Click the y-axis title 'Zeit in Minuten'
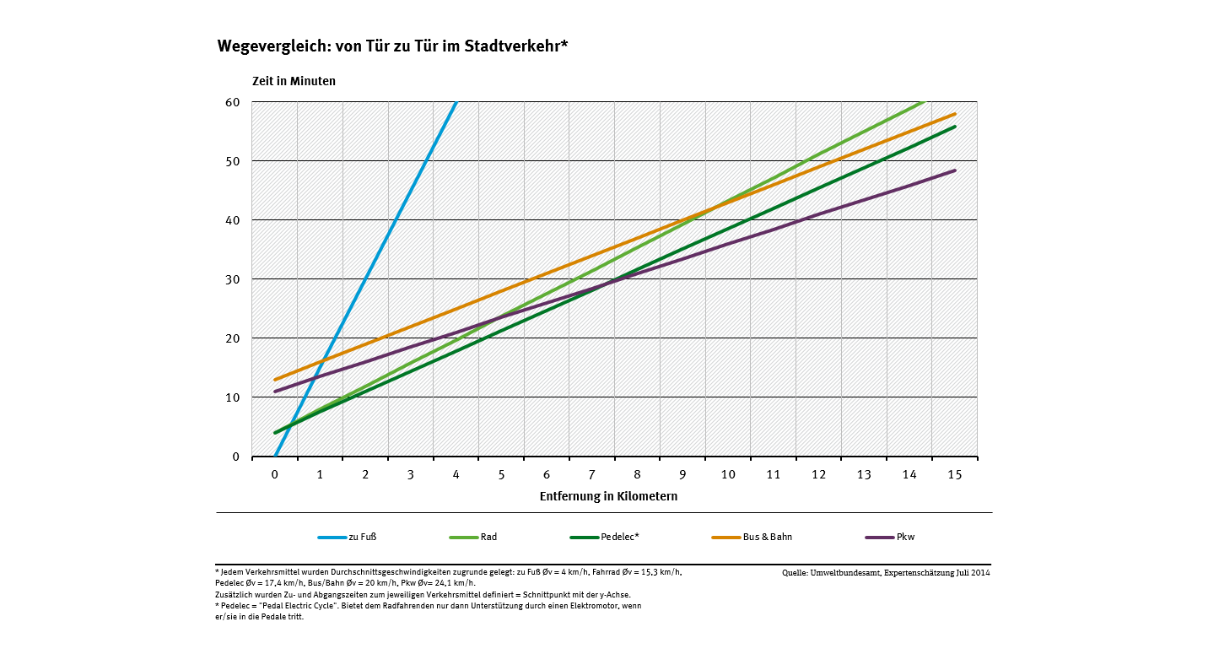tap(294, 82)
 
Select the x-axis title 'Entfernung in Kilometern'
tap(608, 496)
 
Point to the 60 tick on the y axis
tap(233, 102)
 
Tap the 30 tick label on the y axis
tap(233, 279)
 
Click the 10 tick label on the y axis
tap(233, 397)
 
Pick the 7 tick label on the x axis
tap(592, 474)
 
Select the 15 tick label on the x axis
tap(955, 474)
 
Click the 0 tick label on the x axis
tap(275, 474)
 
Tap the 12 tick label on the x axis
tap(818, 474)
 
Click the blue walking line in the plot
tap(365, 279)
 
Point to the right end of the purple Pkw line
tap(955, 170)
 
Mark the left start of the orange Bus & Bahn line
tap(276, 380)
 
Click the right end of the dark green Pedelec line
tap(955, 127)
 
